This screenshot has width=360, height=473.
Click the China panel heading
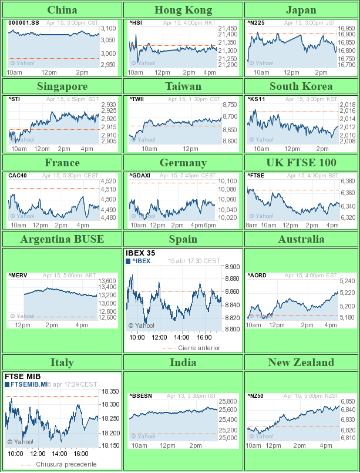(x=62, y=10)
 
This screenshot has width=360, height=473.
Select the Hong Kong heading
(x=183, y=10)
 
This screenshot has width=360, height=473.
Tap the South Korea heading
(x=301, y=86)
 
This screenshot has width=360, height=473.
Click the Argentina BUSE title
(x=62, y=239)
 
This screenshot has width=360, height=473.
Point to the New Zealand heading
(x=301, y=363)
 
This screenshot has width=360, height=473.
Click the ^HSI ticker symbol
(x=136, y=23)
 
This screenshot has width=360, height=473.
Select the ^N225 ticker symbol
(x=255, y=23)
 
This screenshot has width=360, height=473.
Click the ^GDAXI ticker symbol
(x=139, y=175)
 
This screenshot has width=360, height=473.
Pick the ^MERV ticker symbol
(x=18, y=275)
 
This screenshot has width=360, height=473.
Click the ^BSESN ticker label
(x=140, y=396)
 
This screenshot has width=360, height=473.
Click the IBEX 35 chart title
(x=140, y=253)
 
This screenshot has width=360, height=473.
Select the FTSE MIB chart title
(x=21, y=376)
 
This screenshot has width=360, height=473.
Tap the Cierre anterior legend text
(x=199, y=348)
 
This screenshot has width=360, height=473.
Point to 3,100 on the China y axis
(x=108, y=28)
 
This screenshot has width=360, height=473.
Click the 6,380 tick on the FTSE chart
(x=348, y=182)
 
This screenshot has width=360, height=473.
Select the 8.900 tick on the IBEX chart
(x=232, y=267)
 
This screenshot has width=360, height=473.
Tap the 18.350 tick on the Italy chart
(x=110, y=391)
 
